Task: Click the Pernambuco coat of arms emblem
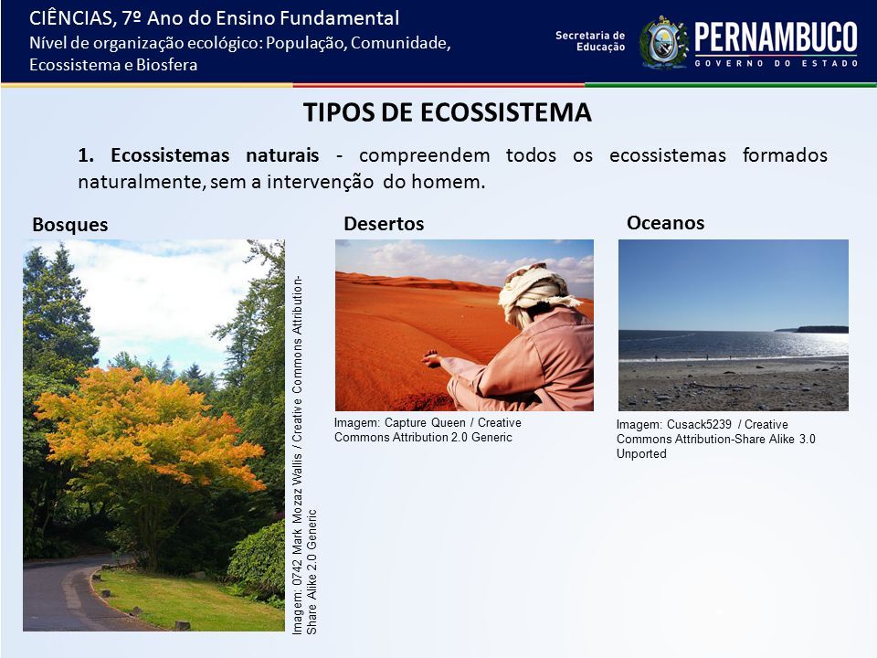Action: pyautogui.click(x=664, y=43)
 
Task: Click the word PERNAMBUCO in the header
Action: pyautogui.click(x=776, y=37)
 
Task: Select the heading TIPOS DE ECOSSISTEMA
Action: pyautogui.click(x=448, y=111)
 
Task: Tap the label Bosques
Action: pyautogui.click(x=70, y=225)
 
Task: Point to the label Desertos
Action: pyautogui.click(x=384, y=224)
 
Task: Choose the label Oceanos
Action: pyautogui.click(x=666, y=223)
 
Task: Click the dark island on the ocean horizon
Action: pyautogui.click(x=821, y=330)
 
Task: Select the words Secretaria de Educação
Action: pyautogui.click(x=590, y=41)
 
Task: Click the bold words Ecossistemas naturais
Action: pyautogui.click(x=215, y=155)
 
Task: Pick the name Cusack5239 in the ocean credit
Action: pyautogui.click(x=699, y=424)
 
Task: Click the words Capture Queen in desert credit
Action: pyautogui.click(x=425, y=423)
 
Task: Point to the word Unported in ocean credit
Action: pyautogui.click(x=641, y=454)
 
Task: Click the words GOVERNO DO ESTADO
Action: pyautogui.click(x=777, y=63)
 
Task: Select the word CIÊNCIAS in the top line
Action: pyautogui.click(x=70, y=18)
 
